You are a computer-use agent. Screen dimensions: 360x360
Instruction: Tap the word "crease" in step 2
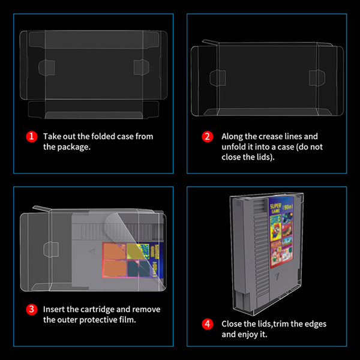pyautogui.click(x=268, y=136)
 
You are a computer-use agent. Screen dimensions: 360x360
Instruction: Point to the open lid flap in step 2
pyautogui.click(x=207, y=43)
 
